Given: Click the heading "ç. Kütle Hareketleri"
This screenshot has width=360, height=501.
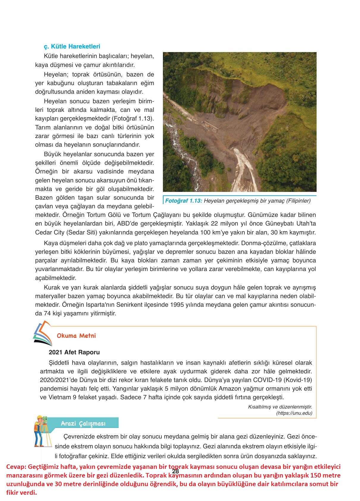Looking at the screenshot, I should point(72,46).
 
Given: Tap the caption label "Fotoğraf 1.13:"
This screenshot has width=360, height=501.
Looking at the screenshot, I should point(183,201).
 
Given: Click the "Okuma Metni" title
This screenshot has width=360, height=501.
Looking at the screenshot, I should point(76,336).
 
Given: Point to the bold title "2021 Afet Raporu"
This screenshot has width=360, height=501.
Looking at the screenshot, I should point(74,352).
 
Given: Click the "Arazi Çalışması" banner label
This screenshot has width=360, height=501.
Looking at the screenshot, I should point(83,423).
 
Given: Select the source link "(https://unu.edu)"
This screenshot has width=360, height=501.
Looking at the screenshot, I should point(294,413).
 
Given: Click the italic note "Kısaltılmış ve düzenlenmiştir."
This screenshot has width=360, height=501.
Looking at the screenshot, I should point(280,407).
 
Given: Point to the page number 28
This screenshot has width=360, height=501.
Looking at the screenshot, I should point(175,471).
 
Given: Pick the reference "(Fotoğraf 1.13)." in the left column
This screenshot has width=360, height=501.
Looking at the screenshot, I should point(133,118).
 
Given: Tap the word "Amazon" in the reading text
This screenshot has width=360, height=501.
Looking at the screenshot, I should point(229,389).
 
